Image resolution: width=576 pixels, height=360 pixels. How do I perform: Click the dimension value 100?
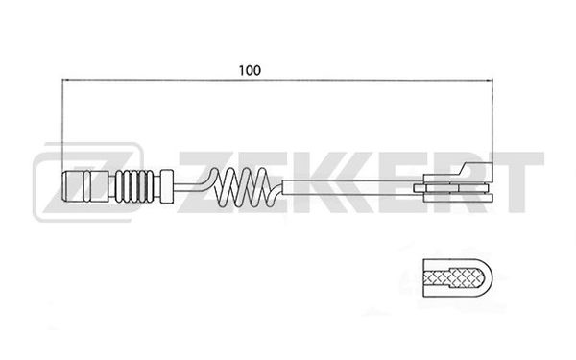pos(250,70)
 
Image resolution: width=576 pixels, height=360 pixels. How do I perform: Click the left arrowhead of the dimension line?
pos(65,80)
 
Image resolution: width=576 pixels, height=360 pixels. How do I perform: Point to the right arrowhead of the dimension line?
pos(489,80)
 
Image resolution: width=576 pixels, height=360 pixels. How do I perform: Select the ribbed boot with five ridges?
pos(134,186)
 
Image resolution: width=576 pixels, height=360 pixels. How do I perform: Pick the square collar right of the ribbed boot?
pos(167,186)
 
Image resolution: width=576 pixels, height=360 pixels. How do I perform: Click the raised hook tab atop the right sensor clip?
pos(476,168)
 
